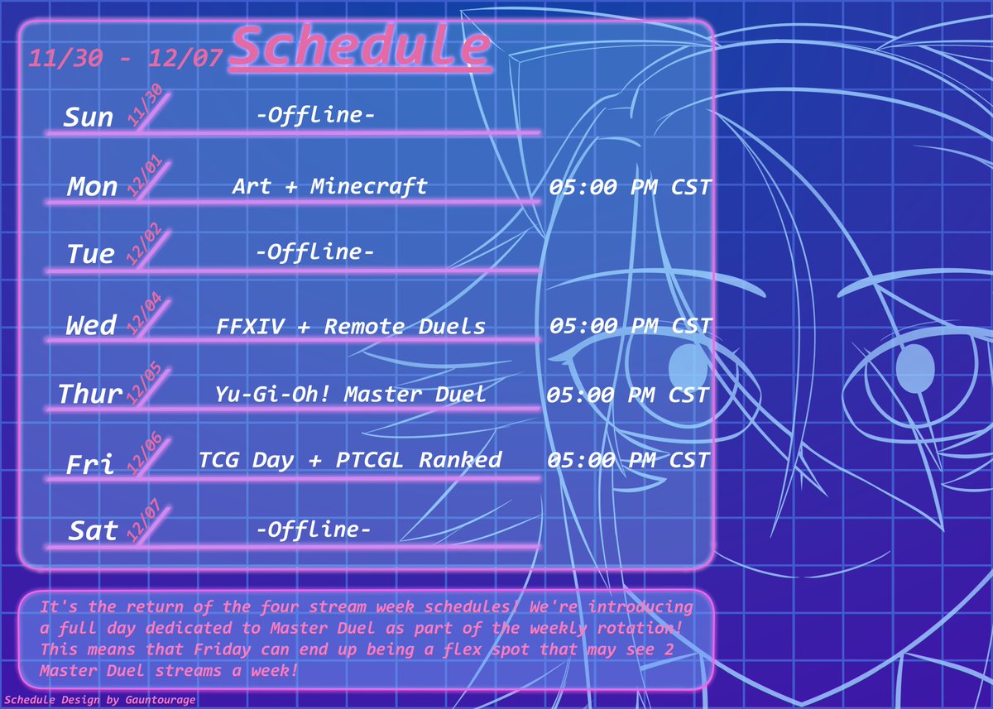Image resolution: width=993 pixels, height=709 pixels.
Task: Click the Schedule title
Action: point(362,47)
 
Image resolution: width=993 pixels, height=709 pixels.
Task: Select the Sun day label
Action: point(89,117)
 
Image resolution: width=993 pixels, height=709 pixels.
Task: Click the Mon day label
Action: point(92,187)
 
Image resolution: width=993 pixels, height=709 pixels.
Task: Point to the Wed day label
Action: point(91,326)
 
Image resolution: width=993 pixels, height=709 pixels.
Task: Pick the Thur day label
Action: point(90,395)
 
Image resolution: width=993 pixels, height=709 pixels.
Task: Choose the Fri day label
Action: point(90,465)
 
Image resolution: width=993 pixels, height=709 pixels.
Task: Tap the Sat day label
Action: point(93,531)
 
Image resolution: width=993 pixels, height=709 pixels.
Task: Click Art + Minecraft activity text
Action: point(329,186)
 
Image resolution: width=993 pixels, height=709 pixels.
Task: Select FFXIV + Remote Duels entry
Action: point(351,326)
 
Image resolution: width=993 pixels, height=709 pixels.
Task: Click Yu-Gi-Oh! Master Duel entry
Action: point(350,394)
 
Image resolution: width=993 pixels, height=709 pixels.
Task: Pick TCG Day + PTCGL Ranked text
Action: point(350,460)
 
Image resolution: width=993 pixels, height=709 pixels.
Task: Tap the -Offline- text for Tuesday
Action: point(314,252)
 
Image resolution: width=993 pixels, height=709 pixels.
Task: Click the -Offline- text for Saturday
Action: point(314,529)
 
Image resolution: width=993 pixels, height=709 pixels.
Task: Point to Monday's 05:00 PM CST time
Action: point(630,188)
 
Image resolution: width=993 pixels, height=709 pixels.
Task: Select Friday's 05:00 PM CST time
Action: point(629,460)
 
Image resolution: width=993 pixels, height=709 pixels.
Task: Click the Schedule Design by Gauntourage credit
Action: point(99,700)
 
